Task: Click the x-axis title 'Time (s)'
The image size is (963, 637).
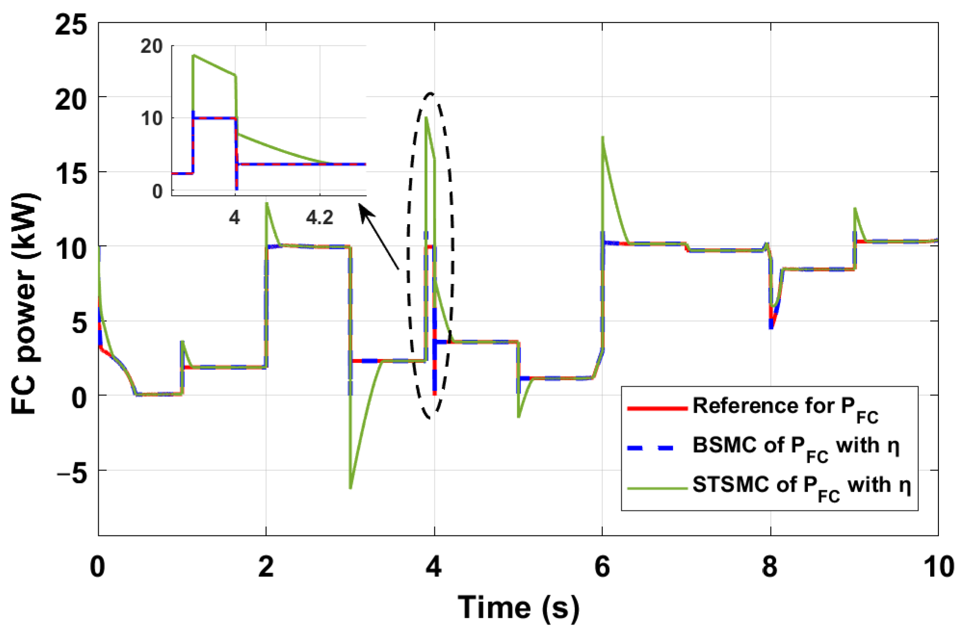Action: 518,607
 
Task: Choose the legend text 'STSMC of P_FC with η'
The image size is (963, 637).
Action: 801,486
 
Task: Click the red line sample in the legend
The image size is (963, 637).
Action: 657,408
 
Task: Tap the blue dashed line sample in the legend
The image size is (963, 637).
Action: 657,447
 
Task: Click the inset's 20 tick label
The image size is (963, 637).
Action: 152,47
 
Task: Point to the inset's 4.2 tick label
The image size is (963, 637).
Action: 319,218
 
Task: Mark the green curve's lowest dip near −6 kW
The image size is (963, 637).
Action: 351,488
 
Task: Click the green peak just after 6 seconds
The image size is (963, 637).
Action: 603,138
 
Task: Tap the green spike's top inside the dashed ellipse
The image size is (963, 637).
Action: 427,117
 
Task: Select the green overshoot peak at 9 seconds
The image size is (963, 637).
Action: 855,208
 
